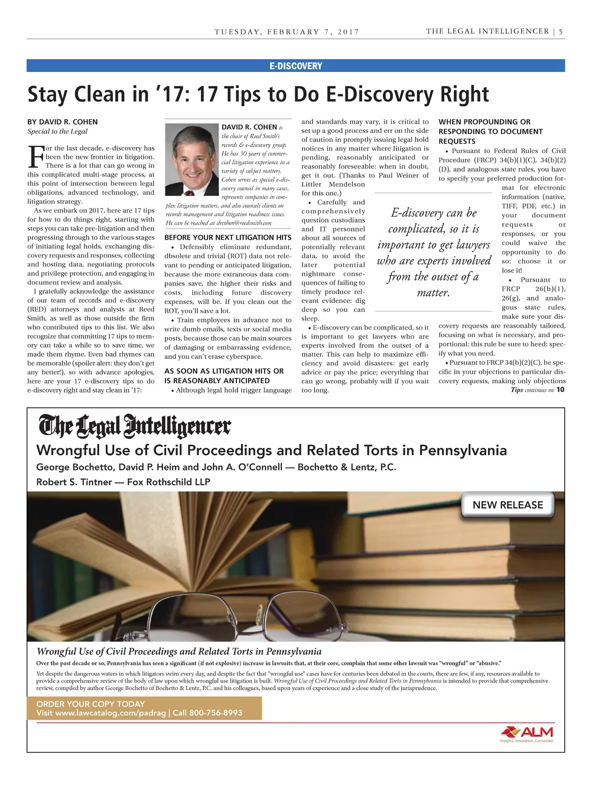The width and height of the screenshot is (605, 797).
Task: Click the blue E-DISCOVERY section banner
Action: tap(295, 66)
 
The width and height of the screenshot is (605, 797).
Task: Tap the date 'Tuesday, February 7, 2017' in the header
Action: tap(287, 32)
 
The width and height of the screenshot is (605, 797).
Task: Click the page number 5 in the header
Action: tap(561, 31)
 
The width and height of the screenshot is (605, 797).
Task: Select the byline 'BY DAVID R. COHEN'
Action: tap(63, 122)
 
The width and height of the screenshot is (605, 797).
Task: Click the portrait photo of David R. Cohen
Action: tap(191, 159)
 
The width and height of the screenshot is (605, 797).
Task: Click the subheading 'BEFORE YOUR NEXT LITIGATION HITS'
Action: tap(228, 237)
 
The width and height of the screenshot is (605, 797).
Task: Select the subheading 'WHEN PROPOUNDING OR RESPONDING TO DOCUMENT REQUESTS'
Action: tap(490, 132)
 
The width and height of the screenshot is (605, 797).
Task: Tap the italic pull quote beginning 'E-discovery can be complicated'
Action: tap(434, 252)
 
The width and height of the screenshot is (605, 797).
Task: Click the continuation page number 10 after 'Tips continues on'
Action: tap(560, 390)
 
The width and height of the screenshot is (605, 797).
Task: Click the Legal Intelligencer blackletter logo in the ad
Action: tap(135, 426)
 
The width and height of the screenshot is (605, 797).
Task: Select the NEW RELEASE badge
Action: tap(508, 505)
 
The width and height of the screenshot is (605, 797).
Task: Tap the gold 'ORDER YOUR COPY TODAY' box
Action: tap(144, 708)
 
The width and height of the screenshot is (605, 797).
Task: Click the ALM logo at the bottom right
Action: tap(527, 733)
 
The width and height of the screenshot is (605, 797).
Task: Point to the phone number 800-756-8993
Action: tap(216, 713)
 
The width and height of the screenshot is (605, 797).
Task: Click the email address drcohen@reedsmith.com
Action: tap(244, 223)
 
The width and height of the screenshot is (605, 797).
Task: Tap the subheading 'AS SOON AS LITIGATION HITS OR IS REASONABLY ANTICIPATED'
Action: tap(224, 376)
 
